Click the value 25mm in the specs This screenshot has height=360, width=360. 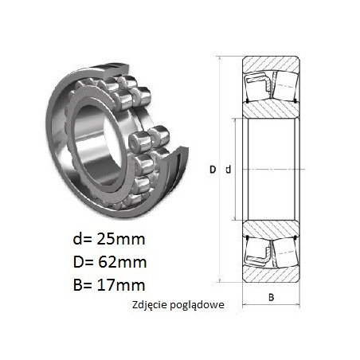click(x=121, y=239)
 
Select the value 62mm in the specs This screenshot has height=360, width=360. click(x=122, y=262)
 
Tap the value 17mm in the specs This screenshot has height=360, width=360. click(x=121, y=285)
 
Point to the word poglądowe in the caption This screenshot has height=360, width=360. click(x=197, y=305)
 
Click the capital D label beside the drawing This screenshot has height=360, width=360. click(x=213, y=170)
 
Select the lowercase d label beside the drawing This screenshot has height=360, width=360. click(x=229, y=170)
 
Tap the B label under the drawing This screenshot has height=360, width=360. click(x=271, y=297)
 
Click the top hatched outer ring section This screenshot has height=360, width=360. click(x=271, y=64)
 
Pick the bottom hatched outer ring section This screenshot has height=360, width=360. click(x=271, y=275)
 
